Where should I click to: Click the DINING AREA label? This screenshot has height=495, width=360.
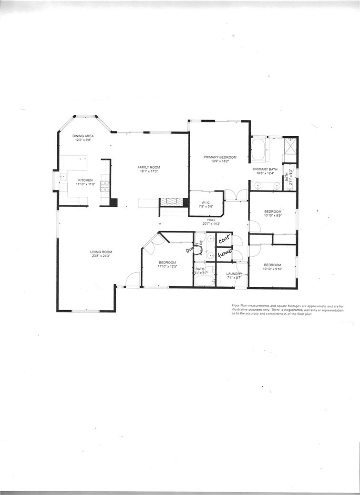(83, 136)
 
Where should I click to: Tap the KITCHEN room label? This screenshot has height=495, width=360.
(86, 180)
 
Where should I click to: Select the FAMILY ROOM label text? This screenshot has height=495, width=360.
(149, 167)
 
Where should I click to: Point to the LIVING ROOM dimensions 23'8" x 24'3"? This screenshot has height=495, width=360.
(101, 256)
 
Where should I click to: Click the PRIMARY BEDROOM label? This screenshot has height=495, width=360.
(220, 157)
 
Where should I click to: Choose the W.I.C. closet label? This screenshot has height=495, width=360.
(206, 202)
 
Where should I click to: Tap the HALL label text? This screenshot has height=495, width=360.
(211, 220)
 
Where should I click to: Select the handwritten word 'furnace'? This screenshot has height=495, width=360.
(224, 254)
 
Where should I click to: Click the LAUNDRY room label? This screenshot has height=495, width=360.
(234, 273)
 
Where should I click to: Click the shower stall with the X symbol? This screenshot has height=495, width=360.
(290, 144)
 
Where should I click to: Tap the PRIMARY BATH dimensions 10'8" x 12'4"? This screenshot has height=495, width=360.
(265, 173)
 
